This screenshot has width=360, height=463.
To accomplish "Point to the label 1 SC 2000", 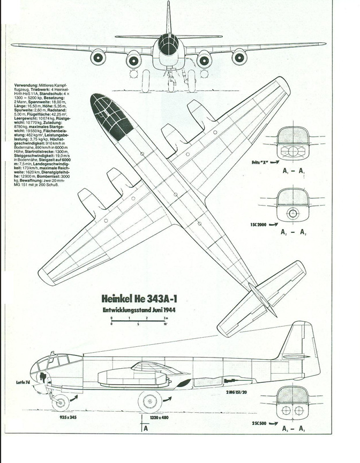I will (x=259, y=224).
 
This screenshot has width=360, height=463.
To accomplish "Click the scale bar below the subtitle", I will (x=139, y=321).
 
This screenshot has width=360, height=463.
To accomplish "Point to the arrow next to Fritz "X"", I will (x=274, y=161).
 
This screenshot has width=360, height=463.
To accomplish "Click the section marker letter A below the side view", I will (x=145, y=428).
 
